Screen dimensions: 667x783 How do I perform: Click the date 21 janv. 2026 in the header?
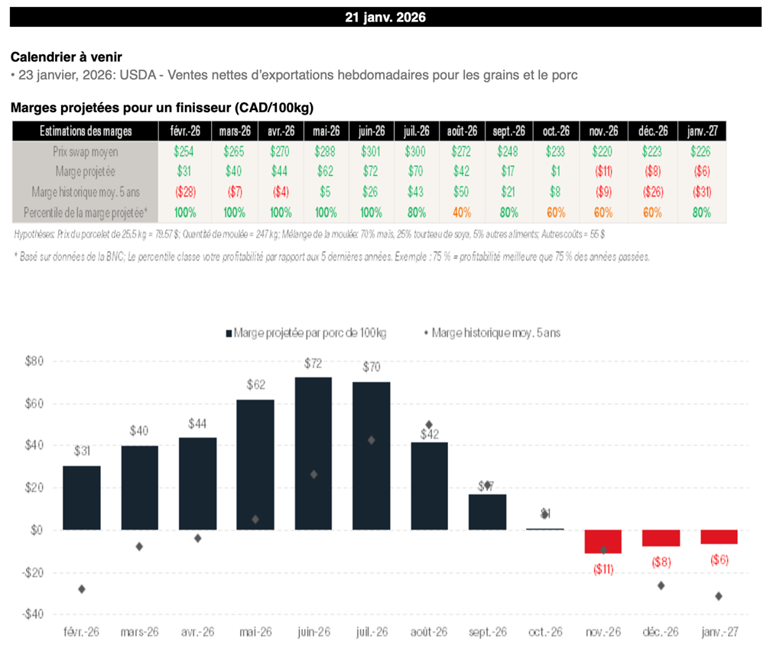click(x=385, y=18)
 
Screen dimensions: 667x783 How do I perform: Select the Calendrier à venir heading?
click(x=66, y=57)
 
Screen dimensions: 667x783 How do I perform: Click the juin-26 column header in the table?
click(x=372, y=131)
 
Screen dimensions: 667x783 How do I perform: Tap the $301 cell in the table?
click(x=372, y=152)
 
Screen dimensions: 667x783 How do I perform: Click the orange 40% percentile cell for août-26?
click(x=462, y=212)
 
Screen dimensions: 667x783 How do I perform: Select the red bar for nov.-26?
click(x=603, y=541)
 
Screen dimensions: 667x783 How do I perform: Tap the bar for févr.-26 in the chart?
click(x=82, y=497)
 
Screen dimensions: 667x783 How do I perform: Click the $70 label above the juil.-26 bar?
click(x=372, y=367)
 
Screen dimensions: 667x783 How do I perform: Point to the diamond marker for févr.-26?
click(x=82, y=589)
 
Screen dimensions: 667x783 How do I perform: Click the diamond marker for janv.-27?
click(x=719, y=596)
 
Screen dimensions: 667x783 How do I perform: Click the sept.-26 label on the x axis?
click(x=487, y=633)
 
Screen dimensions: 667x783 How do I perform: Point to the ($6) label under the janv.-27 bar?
click(x=719, y=560)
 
